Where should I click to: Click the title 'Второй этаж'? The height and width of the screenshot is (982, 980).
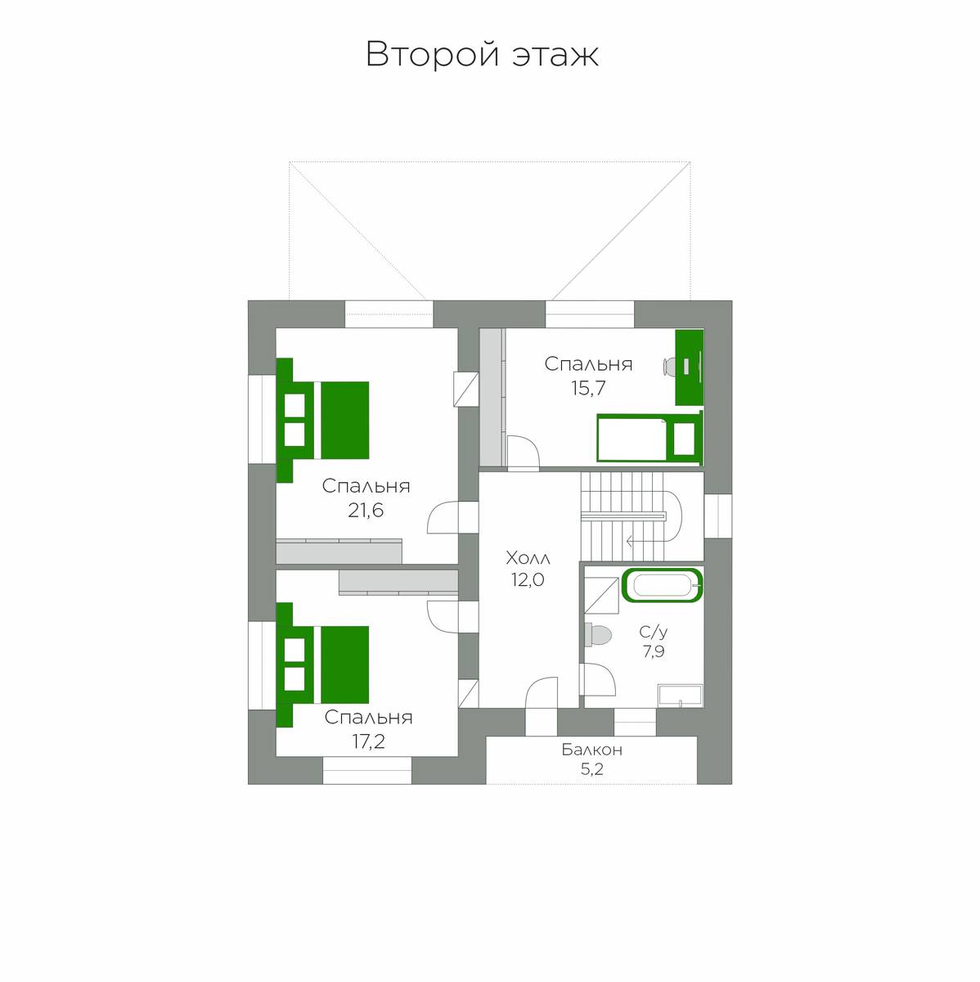coord(482,55)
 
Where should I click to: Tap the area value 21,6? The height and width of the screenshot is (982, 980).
coord(366,510)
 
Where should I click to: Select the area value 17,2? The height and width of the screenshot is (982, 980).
coord(368,741)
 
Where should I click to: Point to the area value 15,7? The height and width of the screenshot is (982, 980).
coord(588,389)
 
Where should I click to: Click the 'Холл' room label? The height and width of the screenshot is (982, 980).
coord(528,559)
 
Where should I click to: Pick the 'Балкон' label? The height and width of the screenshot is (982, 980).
coord(591,750)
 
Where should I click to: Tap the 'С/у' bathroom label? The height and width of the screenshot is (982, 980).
coord(654,632)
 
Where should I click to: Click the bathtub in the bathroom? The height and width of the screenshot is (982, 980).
coord(662,586)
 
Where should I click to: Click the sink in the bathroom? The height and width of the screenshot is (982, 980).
coord(681,696)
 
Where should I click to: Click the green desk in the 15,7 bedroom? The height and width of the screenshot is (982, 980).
coord(690,368)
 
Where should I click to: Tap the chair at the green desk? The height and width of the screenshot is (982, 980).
coord(669,367)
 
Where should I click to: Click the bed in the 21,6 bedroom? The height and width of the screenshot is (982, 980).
coord(322,420)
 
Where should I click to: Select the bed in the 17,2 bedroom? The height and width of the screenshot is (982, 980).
coord(322,664)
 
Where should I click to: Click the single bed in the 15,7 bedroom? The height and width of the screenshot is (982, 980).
coord(650,438)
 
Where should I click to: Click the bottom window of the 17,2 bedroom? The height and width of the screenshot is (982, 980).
coord(367,771)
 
